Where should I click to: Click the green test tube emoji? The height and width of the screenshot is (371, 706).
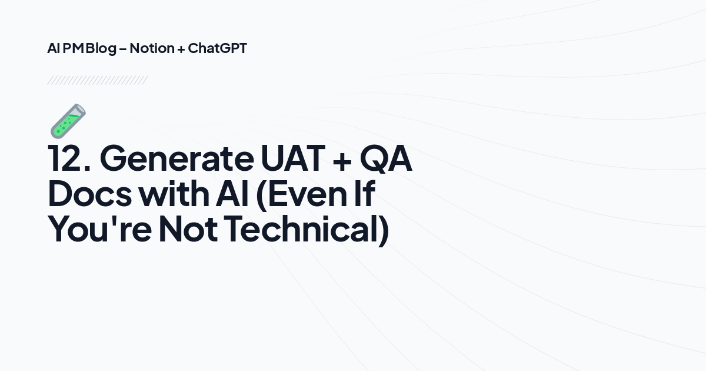(x=68, y=121)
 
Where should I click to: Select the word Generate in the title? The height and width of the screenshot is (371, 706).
(x=175, y=159)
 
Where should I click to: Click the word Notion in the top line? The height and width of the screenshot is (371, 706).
(x=152, y=48)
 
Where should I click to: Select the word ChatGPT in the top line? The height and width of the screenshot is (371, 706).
(x=217, y=48)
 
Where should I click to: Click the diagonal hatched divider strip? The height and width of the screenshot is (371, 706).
(x=97, y=80)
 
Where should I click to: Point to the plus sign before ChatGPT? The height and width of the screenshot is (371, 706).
(x=181, y=49)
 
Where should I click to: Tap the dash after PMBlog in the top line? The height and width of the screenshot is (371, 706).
(x=122, y=49)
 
